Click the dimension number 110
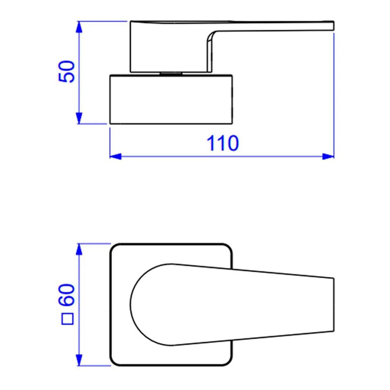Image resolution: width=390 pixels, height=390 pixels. (222, 144)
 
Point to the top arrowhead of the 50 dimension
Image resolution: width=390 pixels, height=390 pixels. (79, 27)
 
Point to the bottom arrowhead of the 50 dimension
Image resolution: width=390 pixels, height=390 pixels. (79, 118)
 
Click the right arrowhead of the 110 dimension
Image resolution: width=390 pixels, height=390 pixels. (329, 156)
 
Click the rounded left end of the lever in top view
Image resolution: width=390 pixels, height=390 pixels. (133, 305)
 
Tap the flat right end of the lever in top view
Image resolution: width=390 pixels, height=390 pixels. (333, 305)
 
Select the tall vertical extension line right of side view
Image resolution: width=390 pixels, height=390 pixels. (334, 94)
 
